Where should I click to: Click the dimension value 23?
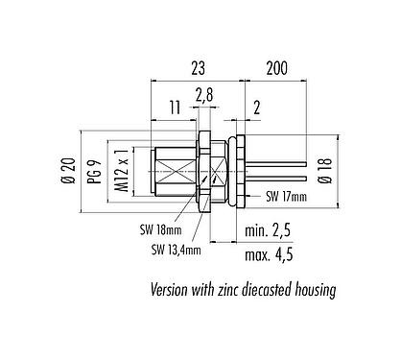(x=198, y=68)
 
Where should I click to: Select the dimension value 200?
(x=277, y=68)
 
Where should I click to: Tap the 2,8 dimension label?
(x=204, y=96)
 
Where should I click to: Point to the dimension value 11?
(x=175, y=108)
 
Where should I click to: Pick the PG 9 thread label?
(x=95, y=171)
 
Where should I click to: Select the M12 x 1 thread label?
(x=122, y=171)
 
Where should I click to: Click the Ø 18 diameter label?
(x=326, y=171)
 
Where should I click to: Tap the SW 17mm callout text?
(x=286, y=197)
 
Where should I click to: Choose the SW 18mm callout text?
(x=160, y=229)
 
